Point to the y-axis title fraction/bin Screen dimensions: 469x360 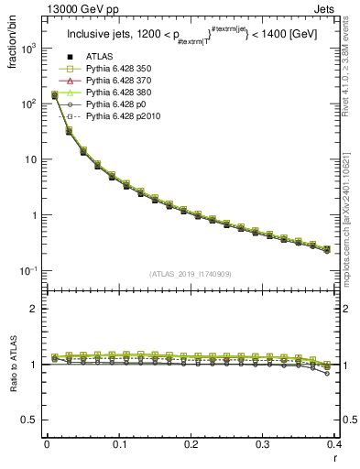(13, 48)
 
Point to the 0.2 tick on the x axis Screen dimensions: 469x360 (191, 443)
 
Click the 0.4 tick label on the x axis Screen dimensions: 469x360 (334, 443)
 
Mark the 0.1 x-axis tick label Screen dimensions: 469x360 (119, 443)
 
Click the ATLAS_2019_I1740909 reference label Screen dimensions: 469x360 (191, 274)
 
